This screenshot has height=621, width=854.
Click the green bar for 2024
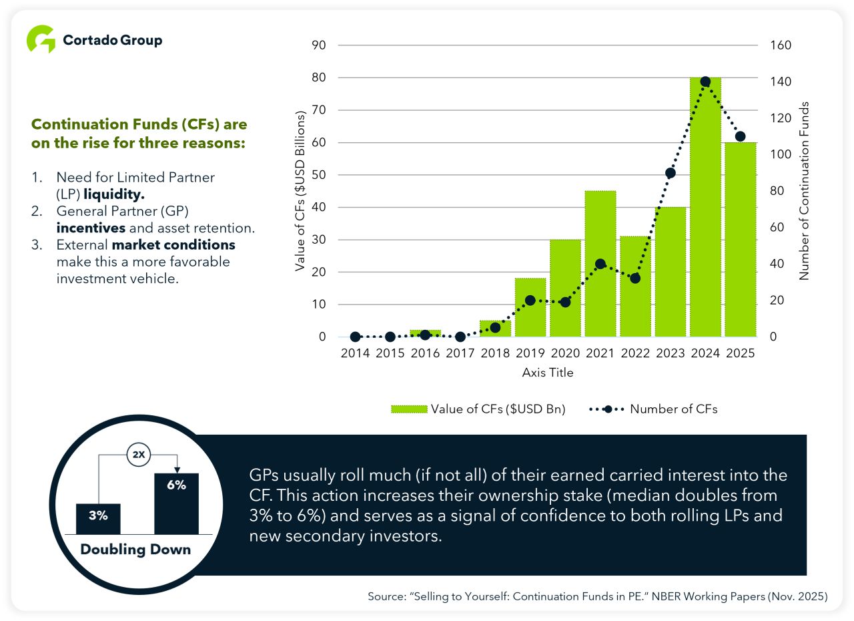tap(705, 207)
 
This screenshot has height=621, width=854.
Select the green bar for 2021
tap(600, 264)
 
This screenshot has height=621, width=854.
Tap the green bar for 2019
tap(530, 307)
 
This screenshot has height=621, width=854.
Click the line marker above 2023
tap(671, 173)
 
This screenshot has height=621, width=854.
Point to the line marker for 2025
tap(741, 137)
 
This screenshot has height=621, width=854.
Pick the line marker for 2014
tap(356, 337)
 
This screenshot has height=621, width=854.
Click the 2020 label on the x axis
tap(565, 353)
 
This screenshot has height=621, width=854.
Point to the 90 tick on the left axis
tap(319, 45)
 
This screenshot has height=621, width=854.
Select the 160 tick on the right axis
tap(781, 45)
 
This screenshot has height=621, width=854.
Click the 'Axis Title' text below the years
tap(548, 373)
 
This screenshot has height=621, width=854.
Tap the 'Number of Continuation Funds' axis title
tap(804, 191)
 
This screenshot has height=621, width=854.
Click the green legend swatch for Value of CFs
tap(409, 409)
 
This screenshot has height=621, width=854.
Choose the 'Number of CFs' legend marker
tap(608, 409)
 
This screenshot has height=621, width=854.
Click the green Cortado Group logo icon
tap(41, 39)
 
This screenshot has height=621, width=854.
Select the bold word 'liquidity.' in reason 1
tap(114, 194)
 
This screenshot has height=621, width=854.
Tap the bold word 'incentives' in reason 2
tap(91, 228)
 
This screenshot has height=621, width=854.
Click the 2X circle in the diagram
tap(139, 455)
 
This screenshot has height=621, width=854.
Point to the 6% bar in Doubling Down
tap(177, 503)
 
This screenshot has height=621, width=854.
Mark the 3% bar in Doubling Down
tap(98, 519)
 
